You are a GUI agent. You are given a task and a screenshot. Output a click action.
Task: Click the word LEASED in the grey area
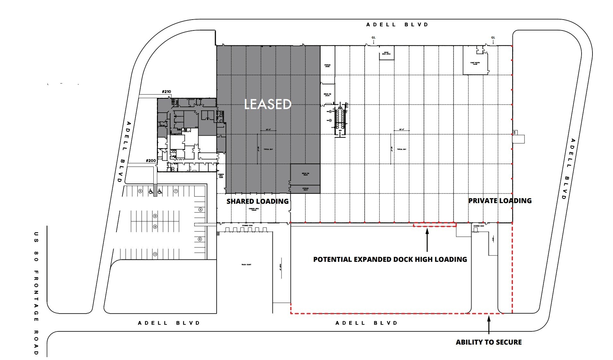[x=267, y=104]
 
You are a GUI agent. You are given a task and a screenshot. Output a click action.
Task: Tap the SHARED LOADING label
[x=257, y=201]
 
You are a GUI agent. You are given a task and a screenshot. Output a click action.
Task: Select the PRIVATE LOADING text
[x=500, y=201]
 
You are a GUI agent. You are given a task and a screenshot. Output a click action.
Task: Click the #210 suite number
[x=166, y=92]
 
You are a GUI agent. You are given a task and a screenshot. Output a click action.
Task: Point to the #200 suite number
[x=151, y=161]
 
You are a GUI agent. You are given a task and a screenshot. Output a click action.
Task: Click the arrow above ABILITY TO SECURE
[x=489, y=325]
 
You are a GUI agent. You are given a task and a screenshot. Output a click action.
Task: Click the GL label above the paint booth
[x=493, y=38]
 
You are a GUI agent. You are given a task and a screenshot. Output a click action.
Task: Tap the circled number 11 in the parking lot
[x=155, y=254]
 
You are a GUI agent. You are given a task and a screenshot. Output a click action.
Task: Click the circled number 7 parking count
[x=176, y=191]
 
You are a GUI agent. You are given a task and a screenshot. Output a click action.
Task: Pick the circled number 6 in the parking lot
[x=200, y=239]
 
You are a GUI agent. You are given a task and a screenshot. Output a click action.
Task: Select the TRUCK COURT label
[x=246, y=265]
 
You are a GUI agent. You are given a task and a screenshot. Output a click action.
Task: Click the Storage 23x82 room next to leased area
[x=327, y=66]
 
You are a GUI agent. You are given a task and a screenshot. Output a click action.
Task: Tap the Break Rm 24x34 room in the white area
[x=327, y=95]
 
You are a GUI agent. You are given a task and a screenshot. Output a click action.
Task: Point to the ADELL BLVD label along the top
[x=397, y=25]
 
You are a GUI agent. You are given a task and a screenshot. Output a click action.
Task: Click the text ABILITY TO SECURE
[x=488, y=342]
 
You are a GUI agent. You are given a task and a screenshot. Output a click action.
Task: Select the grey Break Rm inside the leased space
[x=305, y=174]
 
